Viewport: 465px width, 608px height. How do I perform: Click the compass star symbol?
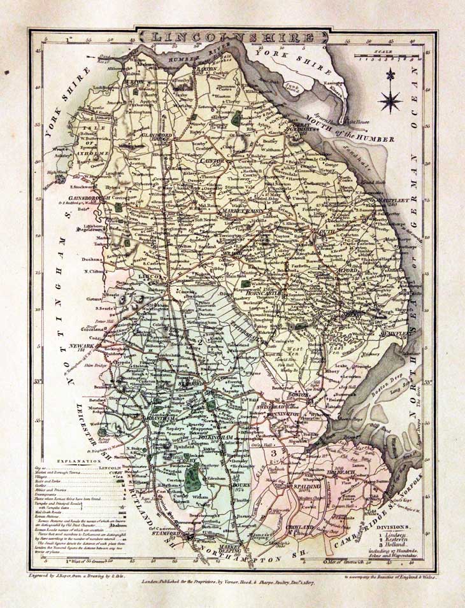(389, 99)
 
